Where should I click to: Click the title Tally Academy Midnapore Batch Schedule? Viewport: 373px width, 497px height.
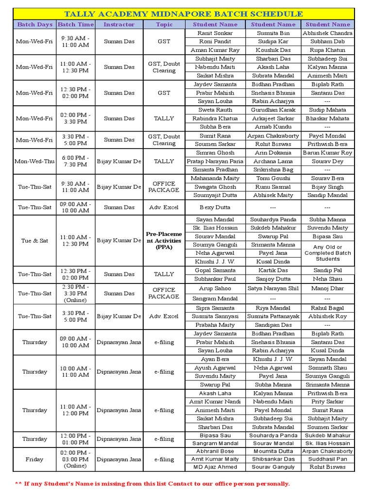click(x=184, y=14)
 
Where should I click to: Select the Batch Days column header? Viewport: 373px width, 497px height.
click(x=35, y=24)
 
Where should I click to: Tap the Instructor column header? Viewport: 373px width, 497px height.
click(x=119, y=24)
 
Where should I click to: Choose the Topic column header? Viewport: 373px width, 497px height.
click(x=164, y=24)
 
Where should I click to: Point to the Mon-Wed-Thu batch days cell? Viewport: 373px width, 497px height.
click(x=35, y=161)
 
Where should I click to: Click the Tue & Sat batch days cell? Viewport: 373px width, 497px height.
click(x=35, y=240)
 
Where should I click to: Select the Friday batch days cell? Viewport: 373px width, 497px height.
click(x=35, y=459)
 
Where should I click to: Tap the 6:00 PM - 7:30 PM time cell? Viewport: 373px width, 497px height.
click(x=75, y=161)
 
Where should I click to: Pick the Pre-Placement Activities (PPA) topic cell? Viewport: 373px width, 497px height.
click(x=164, y=240)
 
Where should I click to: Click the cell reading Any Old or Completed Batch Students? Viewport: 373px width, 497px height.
click(x=328, y=253)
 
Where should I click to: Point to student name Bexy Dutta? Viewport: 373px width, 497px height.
click(x=215, y=207)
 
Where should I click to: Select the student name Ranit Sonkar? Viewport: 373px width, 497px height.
click(x=215, y=33)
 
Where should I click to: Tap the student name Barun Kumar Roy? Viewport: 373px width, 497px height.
click(x=328, y=152)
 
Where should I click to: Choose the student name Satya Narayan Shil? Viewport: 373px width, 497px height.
click(x=273, y=288)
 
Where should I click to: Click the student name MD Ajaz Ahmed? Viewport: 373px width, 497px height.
click(x=215, y=467)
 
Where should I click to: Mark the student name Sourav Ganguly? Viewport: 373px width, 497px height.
click(x=273, y=467)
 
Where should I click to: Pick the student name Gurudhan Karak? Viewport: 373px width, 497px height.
click(x=273, y=110)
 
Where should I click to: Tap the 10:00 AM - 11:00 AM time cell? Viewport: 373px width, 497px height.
click(x=75, y=372)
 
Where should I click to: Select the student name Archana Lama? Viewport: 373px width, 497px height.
click(x=273, y=161)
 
